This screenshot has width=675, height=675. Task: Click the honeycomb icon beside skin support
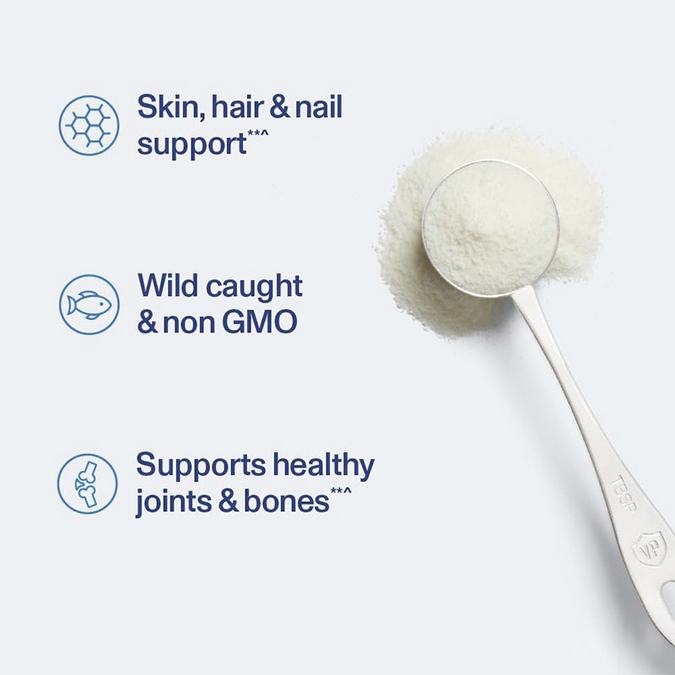pyautogui.click(x=89, y=124)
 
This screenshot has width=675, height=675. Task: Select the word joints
pyautogui.click(x=174, y=502)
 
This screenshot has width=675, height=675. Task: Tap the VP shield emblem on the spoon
pyautogui.click(x=650, y=547)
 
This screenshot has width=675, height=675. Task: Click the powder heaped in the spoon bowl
pyautogui.click(x=489, y=224)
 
